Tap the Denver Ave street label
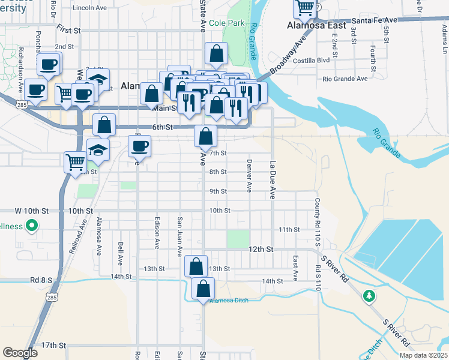coord(249,175)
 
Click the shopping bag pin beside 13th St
coord(196,266)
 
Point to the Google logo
coord(20,353)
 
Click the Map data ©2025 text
coord(423,355)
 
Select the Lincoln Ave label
coord(88,8)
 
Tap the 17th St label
coord(53,346)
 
